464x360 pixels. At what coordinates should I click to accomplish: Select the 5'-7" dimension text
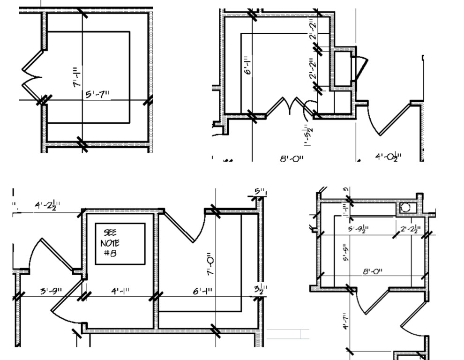click(97, 94)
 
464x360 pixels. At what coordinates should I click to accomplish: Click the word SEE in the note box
click(111, 233)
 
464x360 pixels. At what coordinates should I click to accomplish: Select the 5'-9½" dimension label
click(358, 229)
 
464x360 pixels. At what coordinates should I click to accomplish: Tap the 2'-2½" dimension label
click(411, 229)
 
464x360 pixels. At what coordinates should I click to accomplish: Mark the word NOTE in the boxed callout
click(110, 243)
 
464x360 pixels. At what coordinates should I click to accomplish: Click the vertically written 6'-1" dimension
click(248, 64)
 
